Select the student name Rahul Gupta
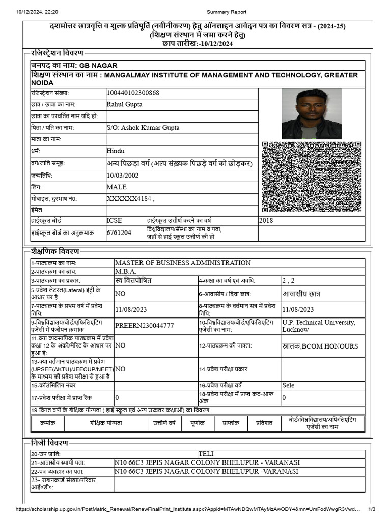[x=125, y=105]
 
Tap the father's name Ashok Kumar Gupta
[x=143, y=128]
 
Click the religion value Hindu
[x=116, y=151]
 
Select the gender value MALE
[x=117, y=187]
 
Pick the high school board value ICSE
[x=115, y=221]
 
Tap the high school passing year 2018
[x=266, y=221]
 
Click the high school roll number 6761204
[x=119, y=233]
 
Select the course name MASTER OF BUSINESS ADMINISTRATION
[x=183, y=263]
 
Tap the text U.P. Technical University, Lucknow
[x=319, y=326]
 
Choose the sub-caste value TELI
[x=206, y=454]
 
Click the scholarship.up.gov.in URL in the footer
[x=188, y=509]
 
